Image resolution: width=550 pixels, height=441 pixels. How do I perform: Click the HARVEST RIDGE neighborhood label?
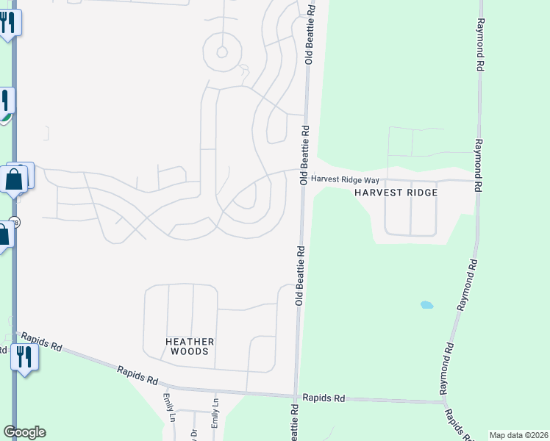click(x=396, y=193)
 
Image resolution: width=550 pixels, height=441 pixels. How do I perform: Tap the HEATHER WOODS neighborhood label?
click(x=189, y=346)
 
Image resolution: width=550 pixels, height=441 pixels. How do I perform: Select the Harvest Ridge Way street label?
click(x=344, y=179)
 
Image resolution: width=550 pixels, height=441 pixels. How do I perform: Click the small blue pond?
click(x=426, y=304)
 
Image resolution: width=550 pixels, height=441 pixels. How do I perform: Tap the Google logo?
click(x=24, y=432)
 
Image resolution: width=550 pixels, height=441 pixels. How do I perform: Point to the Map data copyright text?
click(x=518, y=435)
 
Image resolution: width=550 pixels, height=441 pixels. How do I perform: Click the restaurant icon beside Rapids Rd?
click(x=24, y=358)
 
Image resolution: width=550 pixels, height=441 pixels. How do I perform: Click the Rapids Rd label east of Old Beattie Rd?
click(x=329, y=398)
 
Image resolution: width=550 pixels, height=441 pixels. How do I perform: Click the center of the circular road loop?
click(x=220, y=53)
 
